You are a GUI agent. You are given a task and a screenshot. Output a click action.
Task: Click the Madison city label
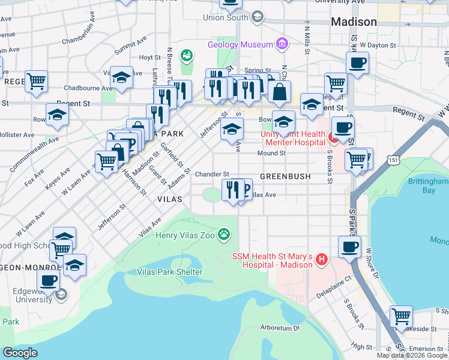pyautogui.click(x=354, y=22)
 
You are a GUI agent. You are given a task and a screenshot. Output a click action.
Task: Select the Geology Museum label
pyautogui.click(x=240, y=44)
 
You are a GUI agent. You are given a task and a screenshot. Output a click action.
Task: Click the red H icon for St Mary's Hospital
pyautogui.click(x=322, y=260)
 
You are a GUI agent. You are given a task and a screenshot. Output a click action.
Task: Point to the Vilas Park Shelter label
pyautogui.click(x=169, y=272)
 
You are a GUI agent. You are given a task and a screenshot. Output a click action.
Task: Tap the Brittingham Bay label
pyautogui.click(x=427, y=185)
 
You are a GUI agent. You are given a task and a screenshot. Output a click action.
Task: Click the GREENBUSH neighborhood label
pyautogui.click(x=285, y=177)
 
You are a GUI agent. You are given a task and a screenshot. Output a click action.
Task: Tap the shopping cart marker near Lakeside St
pyautogui.click(x=401, y=316)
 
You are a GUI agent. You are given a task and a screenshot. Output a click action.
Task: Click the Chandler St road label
pyautogui.click(x=212, y=174)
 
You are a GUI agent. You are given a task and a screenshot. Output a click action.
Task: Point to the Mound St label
pyautogui.click(x=271, y=154)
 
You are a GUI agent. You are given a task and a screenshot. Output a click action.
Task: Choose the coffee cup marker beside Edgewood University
pyautogui.click(x=49, y=280)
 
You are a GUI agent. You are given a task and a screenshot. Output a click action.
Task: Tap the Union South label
pyautogui.click(x=225, y=17)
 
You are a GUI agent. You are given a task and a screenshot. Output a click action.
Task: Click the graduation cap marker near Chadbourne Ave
pyautogui.click(x=121, y=77)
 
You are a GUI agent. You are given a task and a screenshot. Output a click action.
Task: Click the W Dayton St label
pyautogui.click(x=378, y=45)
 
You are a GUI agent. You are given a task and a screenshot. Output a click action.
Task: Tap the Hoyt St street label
pyautogui.click(x=146, y=58)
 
